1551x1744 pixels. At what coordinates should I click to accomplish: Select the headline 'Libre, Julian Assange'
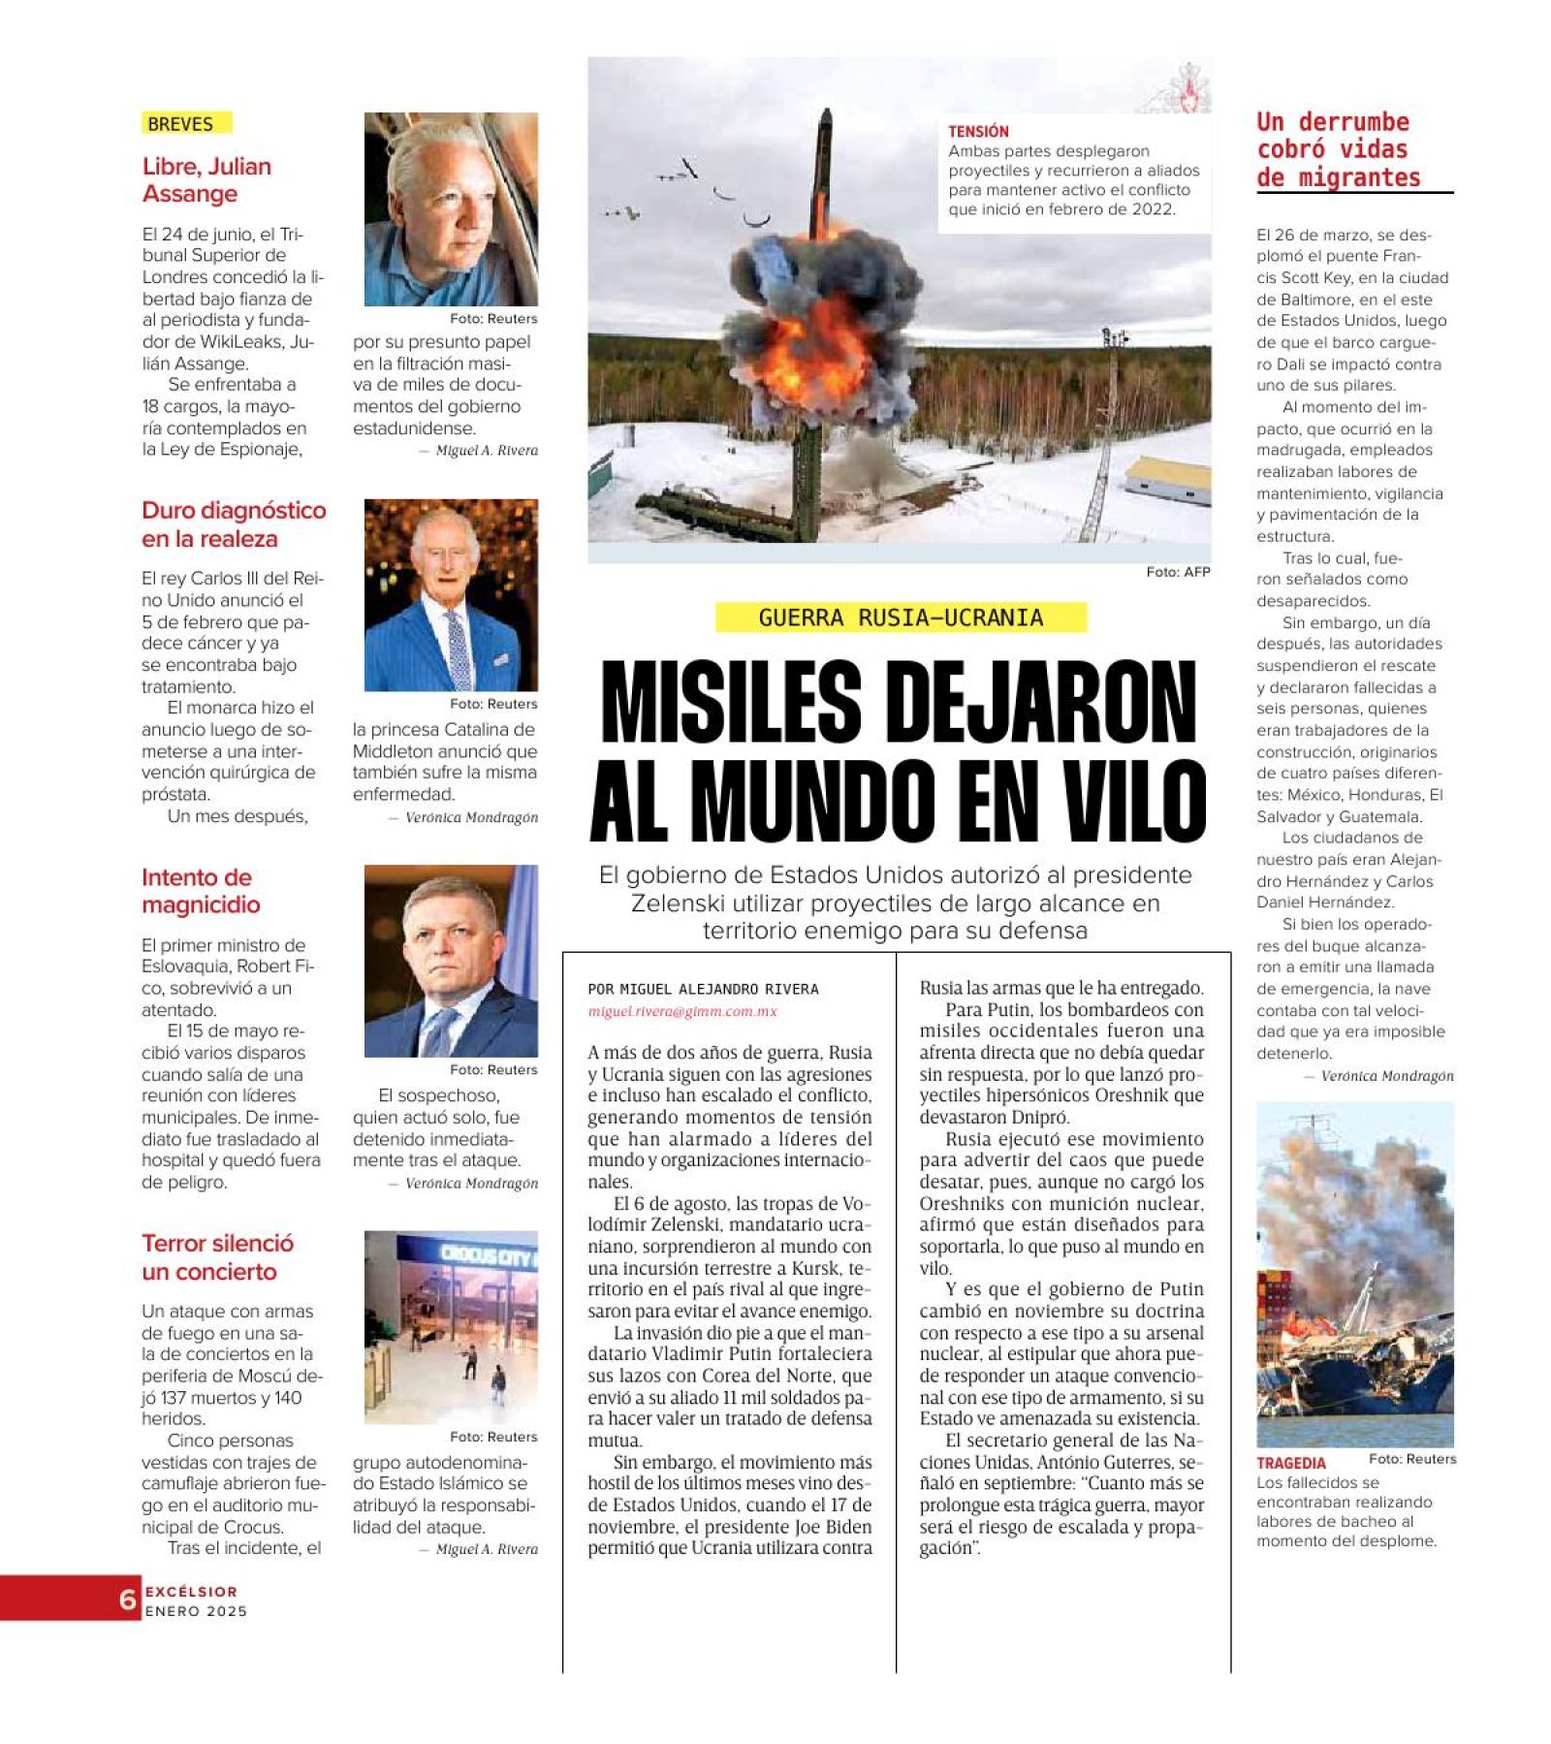206,180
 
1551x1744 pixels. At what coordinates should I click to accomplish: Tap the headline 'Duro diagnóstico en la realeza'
234,524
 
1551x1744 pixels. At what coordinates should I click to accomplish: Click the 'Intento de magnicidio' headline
201,891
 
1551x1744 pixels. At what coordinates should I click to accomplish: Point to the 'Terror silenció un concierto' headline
217,1257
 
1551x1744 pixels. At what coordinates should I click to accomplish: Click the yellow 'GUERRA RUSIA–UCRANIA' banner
901,618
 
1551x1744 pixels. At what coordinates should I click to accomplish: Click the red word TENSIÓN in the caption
978,131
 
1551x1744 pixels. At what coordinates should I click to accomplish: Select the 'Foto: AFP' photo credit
1178,572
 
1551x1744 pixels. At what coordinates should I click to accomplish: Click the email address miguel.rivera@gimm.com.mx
682,1011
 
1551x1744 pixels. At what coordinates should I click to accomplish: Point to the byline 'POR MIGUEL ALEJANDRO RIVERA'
703,989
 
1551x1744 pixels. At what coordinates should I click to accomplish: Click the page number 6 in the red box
127,1600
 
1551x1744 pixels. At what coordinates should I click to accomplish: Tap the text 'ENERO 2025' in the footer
196,1611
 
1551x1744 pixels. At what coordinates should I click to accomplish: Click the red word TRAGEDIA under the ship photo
1290,1463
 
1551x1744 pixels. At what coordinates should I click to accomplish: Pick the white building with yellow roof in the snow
1168,479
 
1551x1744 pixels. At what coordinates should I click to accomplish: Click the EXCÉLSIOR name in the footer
191,1591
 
